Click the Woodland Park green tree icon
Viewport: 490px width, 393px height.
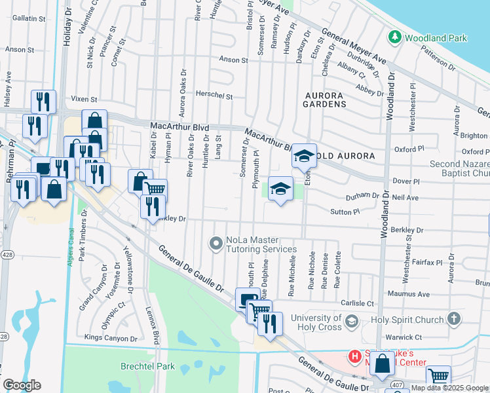[394, 37]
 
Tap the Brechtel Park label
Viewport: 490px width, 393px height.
[129, 366]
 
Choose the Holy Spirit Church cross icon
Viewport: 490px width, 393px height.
[454, 319]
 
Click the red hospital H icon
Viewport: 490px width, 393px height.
[354, 357]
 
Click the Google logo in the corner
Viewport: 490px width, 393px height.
[22, 384]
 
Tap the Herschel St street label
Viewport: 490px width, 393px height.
[216, 96]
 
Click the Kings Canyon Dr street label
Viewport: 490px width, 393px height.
[111, 339]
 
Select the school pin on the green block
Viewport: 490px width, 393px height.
[280, 189]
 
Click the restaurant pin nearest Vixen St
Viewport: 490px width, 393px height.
[43, 102]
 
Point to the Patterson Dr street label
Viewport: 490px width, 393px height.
[438, 58]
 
